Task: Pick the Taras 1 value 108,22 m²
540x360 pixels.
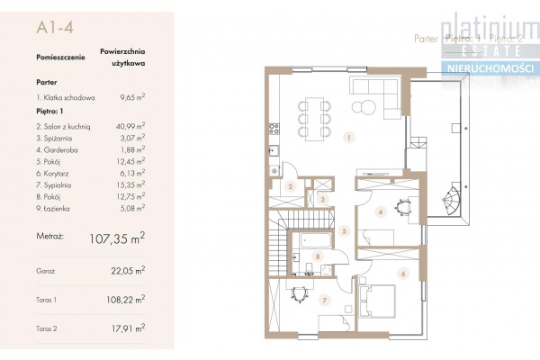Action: point(128,304)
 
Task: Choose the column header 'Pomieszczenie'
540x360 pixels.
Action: point(60,56)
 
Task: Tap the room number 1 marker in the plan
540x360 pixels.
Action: point(348,139)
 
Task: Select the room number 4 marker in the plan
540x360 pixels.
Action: point(382,213)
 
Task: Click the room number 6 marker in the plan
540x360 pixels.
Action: point(403,274)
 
